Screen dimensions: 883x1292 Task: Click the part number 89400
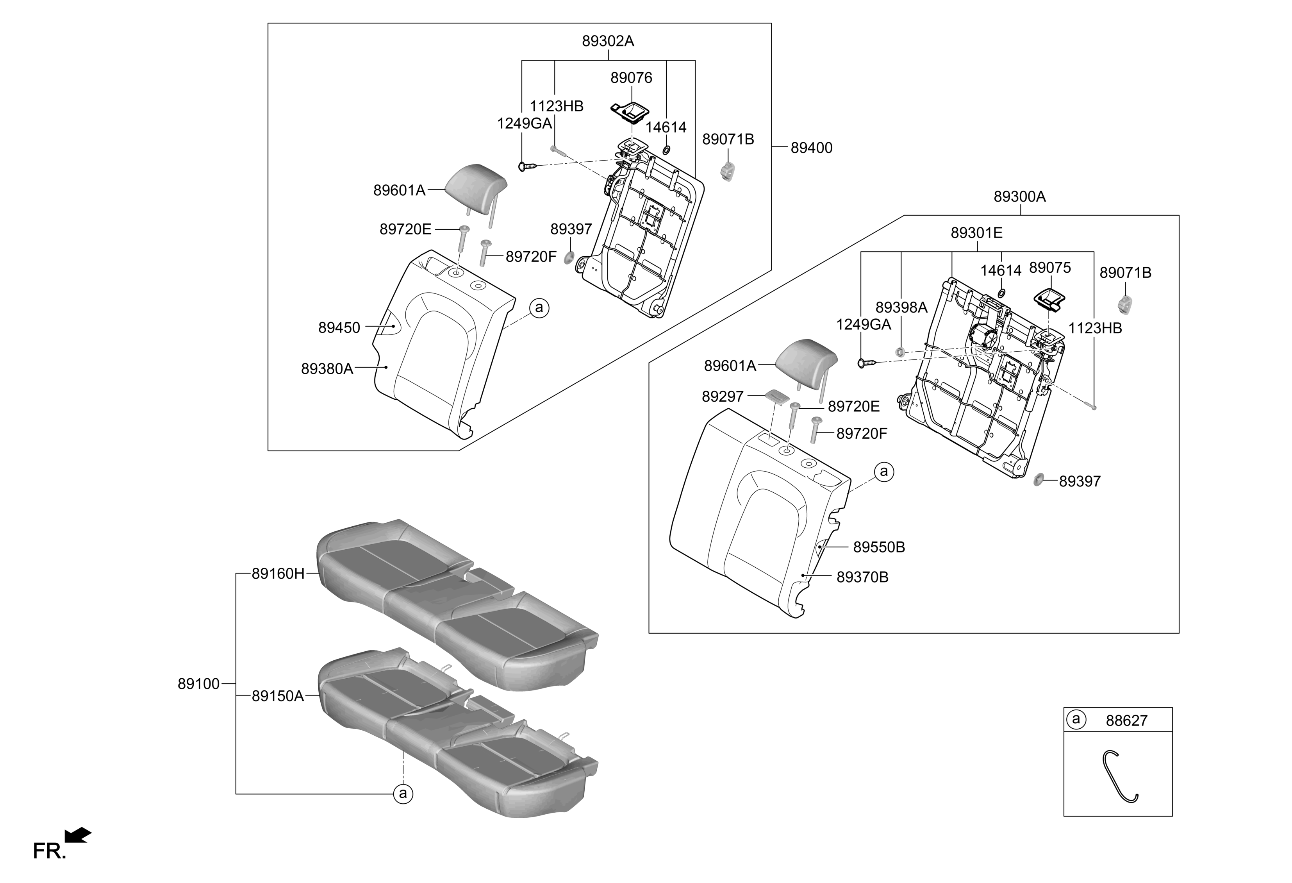coord(811,148)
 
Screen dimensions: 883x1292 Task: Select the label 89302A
coord(608,41)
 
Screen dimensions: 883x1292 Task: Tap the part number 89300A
coord(1020,197)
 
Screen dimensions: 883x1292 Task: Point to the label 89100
coord(198,684)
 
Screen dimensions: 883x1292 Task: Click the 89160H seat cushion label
coord(278,574)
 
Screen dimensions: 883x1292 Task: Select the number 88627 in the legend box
coord(1126,720)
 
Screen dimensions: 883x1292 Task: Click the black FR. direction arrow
coord(77,835)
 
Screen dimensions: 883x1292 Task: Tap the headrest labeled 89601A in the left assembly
coord(476,181)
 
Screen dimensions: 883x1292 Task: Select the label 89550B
coord(879,548)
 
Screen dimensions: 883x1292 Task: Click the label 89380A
coord(327,369)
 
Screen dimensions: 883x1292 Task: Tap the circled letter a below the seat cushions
coord(403,794)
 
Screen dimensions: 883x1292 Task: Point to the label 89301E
coord(976,233)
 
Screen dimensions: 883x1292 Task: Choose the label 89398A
coord(901,307)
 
